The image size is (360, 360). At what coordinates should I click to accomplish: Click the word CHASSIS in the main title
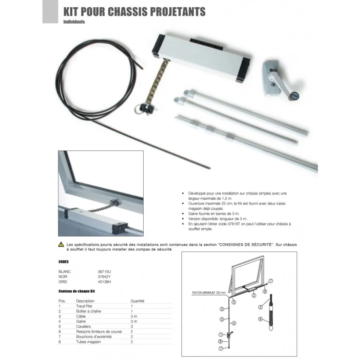(128, 12)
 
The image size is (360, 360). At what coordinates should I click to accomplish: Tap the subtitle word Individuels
(74, 22)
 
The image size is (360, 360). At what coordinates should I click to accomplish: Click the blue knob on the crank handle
(294, 95)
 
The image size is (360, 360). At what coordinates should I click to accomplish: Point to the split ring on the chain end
(139, 108)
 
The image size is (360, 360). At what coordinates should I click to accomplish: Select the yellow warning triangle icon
(61, 244)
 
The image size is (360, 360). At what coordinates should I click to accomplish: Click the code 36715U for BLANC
(104, 272)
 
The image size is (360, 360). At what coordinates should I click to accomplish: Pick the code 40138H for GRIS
(104, 282)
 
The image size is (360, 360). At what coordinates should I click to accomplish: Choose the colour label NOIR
(63, 277)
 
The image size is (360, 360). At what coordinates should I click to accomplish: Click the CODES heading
(64, 262)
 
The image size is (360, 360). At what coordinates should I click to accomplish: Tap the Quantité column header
(137, 301)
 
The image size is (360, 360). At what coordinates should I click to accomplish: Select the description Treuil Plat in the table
(84, 306)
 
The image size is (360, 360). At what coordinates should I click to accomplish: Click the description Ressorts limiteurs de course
(99, 331)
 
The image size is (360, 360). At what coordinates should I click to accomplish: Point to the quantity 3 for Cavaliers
(132, 327)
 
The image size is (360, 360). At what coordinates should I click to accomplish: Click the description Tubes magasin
(88, 342)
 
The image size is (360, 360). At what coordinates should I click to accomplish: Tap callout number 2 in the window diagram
(254, 295)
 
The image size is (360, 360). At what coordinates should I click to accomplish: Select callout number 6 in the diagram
(260, 319)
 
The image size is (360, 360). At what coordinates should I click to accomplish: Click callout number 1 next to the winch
(221, 335)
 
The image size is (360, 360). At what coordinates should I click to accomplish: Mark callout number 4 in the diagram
(234, 323)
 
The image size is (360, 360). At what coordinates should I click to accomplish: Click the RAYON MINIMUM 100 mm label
(209, 293)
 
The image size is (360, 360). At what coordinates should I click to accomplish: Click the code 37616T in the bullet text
(234, 224)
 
